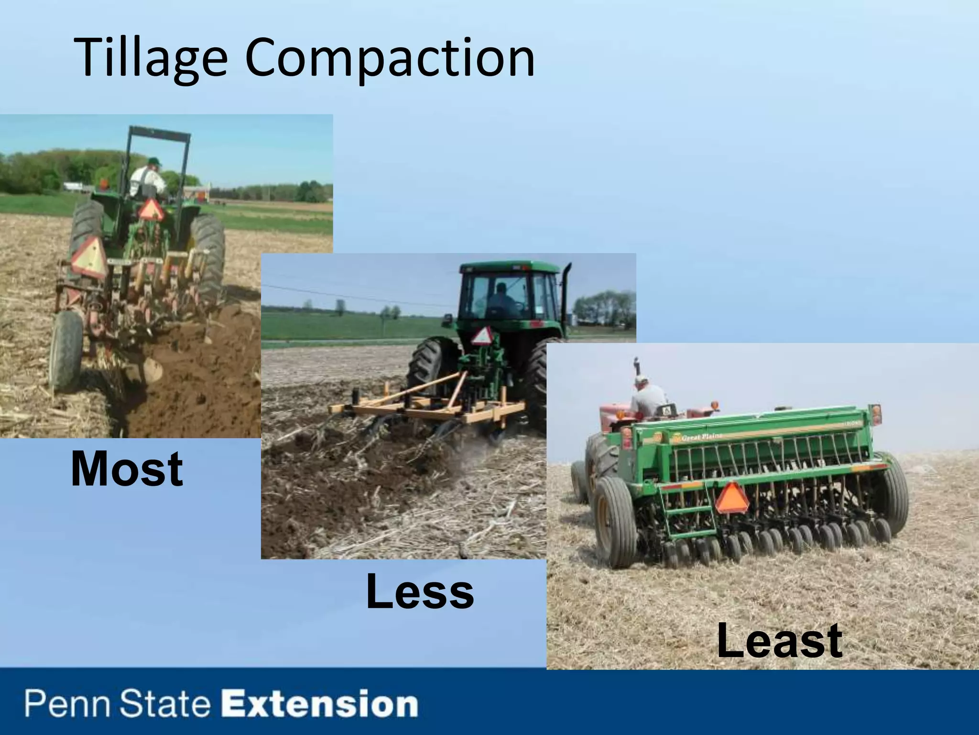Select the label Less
point(420,592)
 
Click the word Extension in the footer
point(322,704)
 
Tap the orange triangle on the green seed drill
point(731,499)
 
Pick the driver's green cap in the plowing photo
point(153,161)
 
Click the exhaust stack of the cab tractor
point(567,297)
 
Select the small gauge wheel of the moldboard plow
point(65,349)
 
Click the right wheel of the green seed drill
point(890,493)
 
